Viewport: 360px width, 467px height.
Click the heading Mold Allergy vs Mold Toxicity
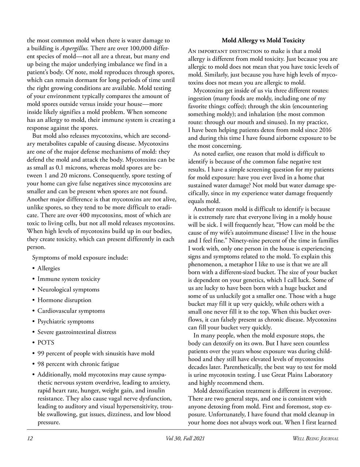(263, 40)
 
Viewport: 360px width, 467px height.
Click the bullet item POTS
(46, 343)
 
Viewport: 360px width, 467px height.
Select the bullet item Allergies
(49, 268)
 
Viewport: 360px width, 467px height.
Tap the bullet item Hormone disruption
(64, 300)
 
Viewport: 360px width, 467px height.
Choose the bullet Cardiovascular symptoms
(71, 311)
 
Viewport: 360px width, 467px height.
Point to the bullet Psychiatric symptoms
(65, 321)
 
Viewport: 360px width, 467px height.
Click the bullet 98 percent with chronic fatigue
(78, 364)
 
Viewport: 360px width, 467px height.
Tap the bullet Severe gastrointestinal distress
(77, 332)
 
